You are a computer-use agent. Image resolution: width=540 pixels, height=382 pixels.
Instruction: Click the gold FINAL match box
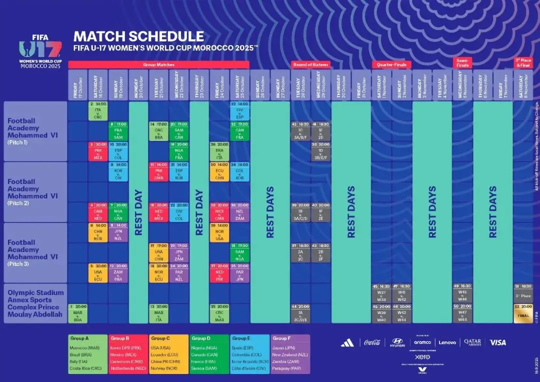(x=522, y=313)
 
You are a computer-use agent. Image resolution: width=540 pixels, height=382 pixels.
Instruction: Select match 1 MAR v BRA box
(x=77, y=313)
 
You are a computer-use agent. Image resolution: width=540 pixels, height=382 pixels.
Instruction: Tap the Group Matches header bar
(x=158, y=64)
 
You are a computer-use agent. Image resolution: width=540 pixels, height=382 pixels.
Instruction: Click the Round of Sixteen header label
(x=310, y=64)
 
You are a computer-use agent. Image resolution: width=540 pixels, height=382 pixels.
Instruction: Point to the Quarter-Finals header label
(x=391, y=64)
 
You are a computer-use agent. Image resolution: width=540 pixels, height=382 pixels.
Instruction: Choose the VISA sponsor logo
(x=497, y=342)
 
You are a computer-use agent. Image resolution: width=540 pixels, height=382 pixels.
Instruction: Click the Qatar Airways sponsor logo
(x=473, y=342)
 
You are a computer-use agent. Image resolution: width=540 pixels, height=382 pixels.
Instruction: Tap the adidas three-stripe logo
(x=347, y=342)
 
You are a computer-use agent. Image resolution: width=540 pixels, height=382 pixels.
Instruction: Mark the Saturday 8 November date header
(x=522, y=84)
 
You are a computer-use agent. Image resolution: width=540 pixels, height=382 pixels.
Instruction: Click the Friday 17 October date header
(x=77, y=84)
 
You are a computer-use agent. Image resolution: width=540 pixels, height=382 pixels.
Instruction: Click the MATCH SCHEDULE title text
(x=138, y=36)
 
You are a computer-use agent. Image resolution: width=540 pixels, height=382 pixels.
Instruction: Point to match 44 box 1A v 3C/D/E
(x=300, y=313)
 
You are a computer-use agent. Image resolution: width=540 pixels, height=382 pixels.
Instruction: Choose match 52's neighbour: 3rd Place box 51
(x=522, y=292)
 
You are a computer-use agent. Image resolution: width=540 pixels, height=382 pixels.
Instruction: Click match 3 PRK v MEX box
(x=98, y=151)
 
